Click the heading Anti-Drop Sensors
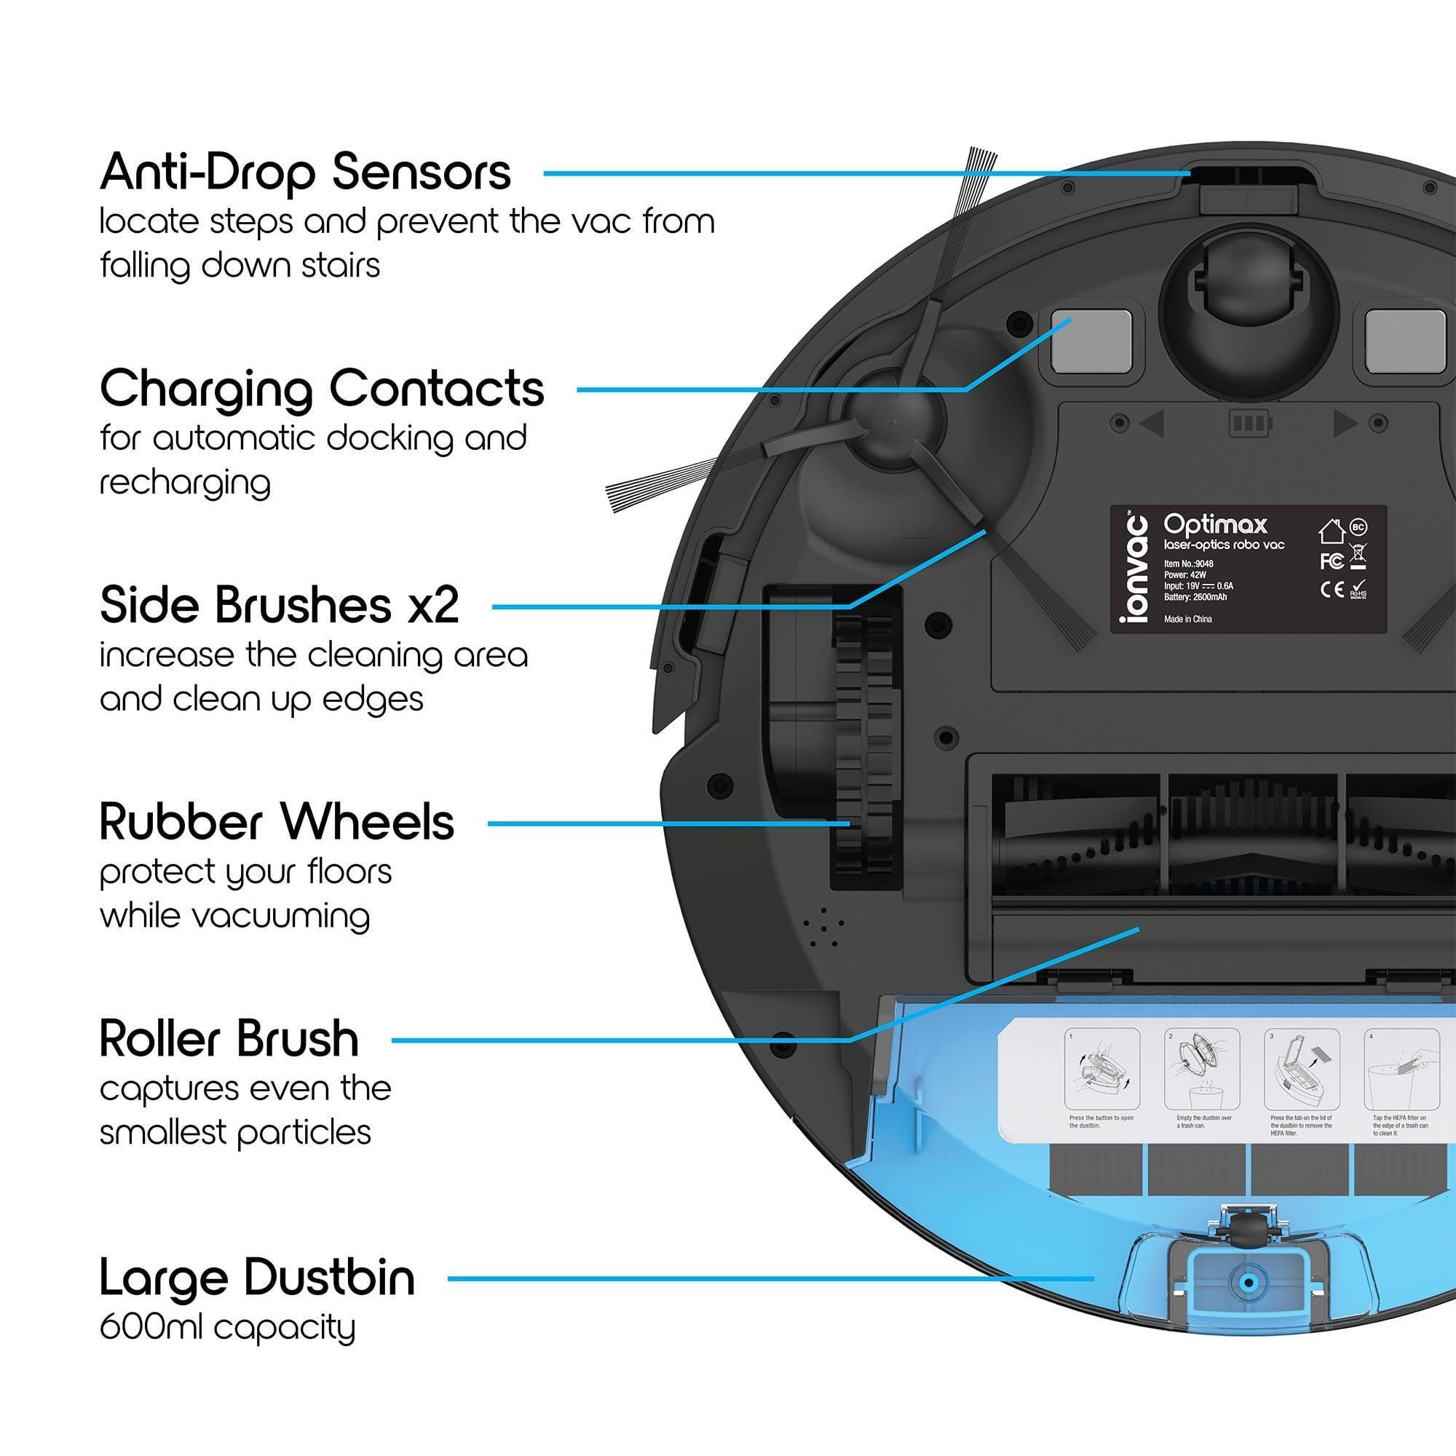coord(305,173)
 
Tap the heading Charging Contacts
coord(322,389)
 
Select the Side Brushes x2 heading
coord(279,605)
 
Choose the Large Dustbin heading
coord(257,1278)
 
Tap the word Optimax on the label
coord(1215,523)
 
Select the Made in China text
coord(1187,619)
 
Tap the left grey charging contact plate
coord(1085,341)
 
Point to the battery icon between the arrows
coord(1249,423)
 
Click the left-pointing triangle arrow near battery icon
coord(1153,423)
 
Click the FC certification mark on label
coord(1332,561)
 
